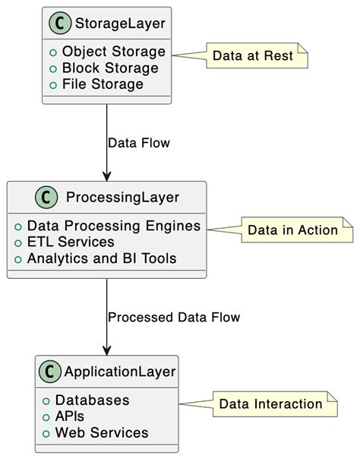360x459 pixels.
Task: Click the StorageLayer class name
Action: (119, 25)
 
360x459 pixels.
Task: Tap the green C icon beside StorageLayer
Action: (60, 25)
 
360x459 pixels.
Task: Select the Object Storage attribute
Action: (113, 52)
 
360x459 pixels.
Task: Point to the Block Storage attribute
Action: (110, 68)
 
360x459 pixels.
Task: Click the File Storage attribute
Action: (103, 84)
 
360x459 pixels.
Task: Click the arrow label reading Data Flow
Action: (139, 143)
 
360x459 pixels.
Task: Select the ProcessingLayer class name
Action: (122, 198)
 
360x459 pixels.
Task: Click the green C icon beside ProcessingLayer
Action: (46, 198)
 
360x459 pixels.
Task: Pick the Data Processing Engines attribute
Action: (113, 226)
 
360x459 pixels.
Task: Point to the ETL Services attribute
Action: (70, 242)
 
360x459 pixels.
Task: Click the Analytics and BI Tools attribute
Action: (101, 258)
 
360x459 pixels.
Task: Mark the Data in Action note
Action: (292, 230)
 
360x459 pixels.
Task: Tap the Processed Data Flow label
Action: (174, 317)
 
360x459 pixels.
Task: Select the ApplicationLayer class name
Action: (120, 372)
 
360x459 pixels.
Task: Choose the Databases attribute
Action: (91, 400)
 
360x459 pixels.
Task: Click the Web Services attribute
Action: (101, 432)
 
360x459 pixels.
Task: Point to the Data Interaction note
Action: (270, 404)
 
